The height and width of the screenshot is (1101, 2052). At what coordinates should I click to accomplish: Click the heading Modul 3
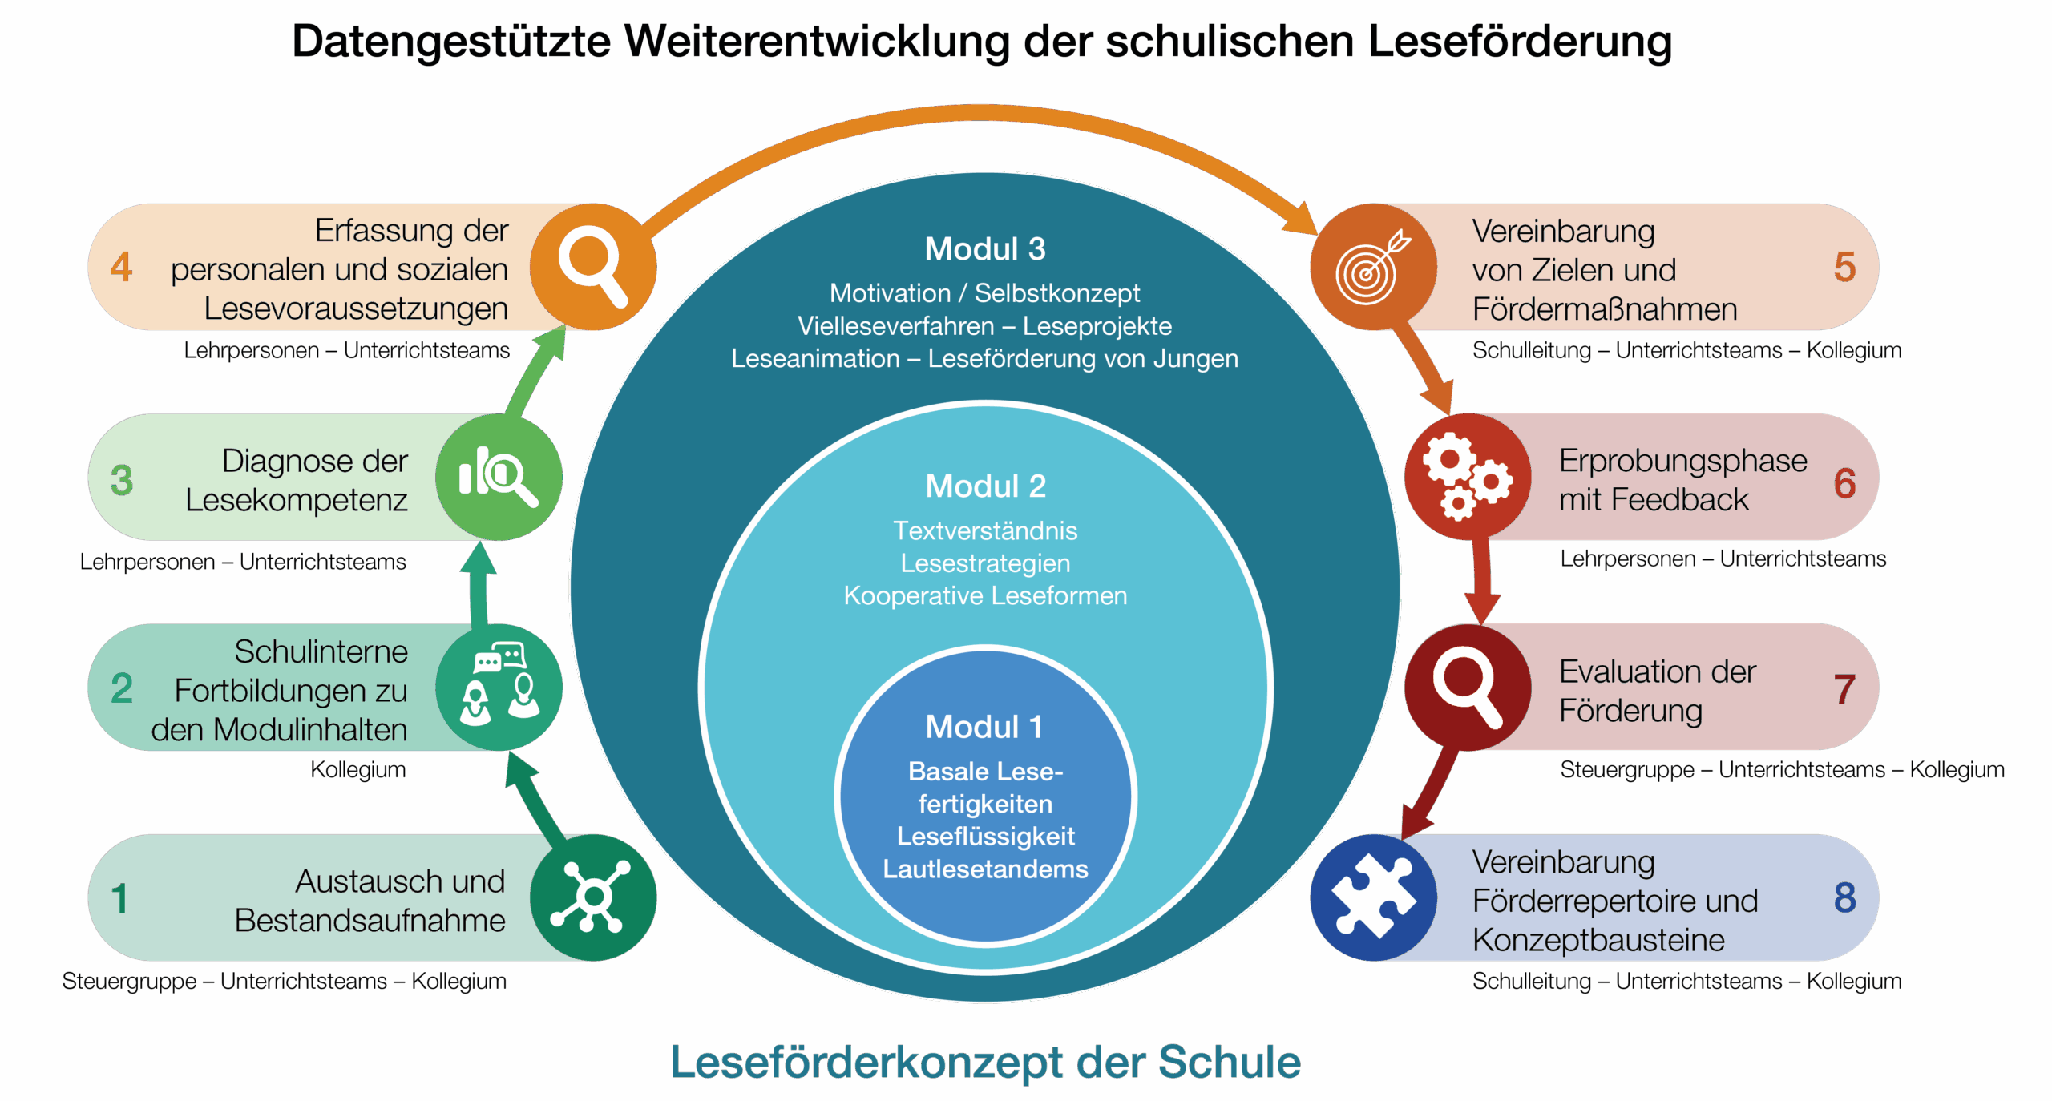point(985,249)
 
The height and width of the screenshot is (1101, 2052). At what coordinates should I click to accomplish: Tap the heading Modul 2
point(985,486)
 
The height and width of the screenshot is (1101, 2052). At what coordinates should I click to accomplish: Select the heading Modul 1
point(984,728)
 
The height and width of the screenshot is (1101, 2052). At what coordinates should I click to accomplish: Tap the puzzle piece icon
point(1372,896)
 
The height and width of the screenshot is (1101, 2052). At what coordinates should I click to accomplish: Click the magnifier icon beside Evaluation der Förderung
point(1467,688)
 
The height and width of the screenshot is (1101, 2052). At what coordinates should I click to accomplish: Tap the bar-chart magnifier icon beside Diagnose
point(498,477)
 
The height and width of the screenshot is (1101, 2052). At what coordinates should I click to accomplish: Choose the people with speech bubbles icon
point(499,685)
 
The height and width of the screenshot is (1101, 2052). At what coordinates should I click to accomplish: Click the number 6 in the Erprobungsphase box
point(1844,483)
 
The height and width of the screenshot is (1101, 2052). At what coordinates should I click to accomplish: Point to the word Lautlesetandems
point(985,869)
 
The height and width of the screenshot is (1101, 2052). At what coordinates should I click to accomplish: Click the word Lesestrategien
point(985,563)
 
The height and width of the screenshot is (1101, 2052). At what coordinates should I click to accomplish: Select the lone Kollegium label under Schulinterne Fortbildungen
point(358,770)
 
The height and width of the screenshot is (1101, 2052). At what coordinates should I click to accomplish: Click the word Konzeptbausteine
point(1598,940)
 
